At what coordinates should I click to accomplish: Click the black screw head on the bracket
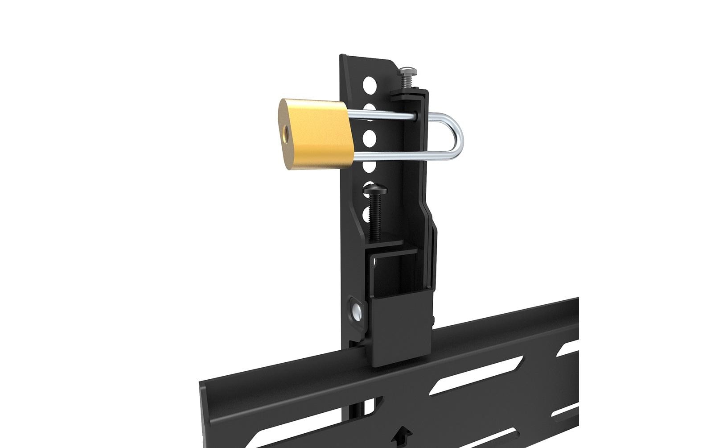point(376,191)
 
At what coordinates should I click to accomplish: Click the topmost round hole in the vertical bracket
point(370,83)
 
